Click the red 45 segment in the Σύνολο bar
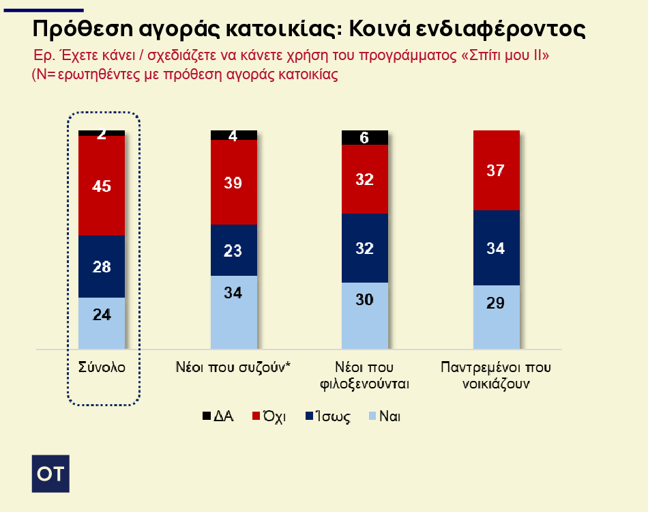[x=102, y=186]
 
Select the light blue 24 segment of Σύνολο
[x=102, y=323]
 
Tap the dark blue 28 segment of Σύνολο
[x=102, y=266]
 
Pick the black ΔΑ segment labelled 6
[x=364, y=137]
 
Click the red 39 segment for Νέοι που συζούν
[x=233, y=182]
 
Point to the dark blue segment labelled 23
[x=233, y=250]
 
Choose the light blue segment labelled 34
[x=233, y=312]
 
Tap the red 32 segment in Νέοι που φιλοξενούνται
[x=364, y=179]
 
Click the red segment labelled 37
[x=496, y=170]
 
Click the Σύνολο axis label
[x=102, y=367]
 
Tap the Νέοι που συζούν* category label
[x=233, y=367]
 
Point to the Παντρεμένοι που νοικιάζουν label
[x=496, y=375]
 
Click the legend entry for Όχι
[x=270, y=416]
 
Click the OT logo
[x=51, y=472]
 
